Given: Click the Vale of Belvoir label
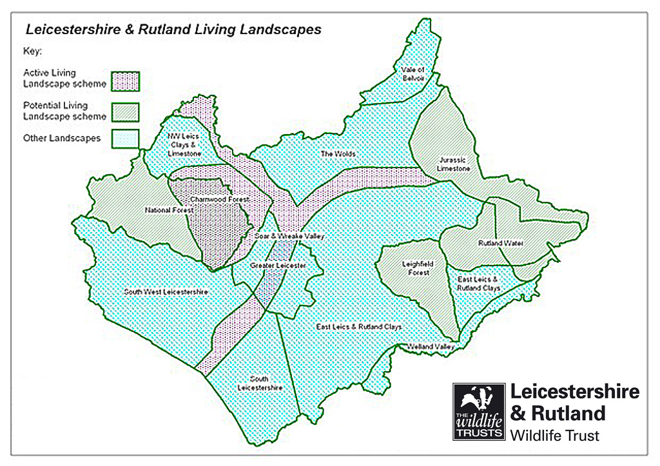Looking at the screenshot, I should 412,73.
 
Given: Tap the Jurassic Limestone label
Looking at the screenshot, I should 453,164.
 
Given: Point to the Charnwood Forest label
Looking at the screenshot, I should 218,200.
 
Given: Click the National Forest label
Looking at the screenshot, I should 165,210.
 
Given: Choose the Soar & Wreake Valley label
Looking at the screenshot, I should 289,237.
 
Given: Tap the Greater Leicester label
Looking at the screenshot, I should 278,266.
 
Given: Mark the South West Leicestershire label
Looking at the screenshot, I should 166,292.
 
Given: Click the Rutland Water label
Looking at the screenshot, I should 500,244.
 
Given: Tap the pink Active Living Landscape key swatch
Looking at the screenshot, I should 125,81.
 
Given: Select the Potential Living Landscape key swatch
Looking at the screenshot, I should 125,112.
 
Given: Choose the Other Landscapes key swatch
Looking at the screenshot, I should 125,139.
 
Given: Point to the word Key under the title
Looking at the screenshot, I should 32,50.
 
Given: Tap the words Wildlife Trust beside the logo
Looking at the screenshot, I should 554,436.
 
